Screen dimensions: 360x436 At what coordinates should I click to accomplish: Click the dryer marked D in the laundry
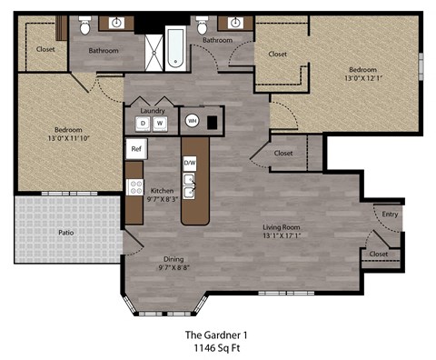point(143,123)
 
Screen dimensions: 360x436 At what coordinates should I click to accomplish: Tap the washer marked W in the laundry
point(159,123)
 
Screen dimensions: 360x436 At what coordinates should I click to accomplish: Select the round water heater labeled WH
point(193,120)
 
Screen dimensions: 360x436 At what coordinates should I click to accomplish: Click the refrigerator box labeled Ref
point(136,148)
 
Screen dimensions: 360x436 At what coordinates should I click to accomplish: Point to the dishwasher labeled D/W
point(190,163)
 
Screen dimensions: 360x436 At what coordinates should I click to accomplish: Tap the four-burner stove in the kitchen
point(135,188)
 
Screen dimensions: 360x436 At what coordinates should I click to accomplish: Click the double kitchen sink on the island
point(190,186)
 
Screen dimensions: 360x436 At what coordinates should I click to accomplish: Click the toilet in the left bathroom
point(84,28)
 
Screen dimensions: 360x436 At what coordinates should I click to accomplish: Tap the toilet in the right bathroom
point(200,28)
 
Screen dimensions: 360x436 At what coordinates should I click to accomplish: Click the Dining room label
point(173,258)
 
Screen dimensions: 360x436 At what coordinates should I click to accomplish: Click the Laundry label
point(154,109)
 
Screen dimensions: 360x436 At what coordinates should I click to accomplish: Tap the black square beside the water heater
point(212,120)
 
